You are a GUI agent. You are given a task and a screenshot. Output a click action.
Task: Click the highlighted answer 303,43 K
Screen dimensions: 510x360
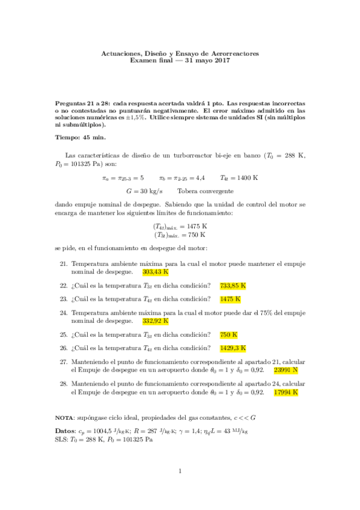[x=155, y=271]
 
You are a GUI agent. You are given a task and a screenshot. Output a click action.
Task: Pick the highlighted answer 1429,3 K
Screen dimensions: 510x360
[x=233, y=348]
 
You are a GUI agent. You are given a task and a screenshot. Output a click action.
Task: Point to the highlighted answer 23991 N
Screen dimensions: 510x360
[x=285, y=370]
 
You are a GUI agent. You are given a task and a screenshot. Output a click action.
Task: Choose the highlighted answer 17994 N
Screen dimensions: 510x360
[x=285, y=392]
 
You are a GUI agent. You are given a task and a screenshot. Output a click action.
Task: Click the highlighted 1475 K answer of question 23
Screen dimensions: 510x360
[x=230, y=299]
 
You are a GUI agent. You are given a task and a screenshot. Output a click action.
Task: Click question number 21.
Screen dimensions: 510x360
[x=63, y=264]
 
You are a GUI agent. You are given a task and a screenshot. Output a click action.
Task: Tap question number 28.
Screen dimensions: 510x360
[x=63, y=384]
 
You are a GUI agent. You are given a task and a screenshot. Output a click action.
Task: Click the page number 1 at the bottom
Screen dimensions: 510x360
[x=180, y=471]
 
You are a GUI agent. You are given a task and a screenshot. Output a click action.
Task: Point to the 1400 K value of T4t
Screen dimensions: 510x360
[x=248, y=178]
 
